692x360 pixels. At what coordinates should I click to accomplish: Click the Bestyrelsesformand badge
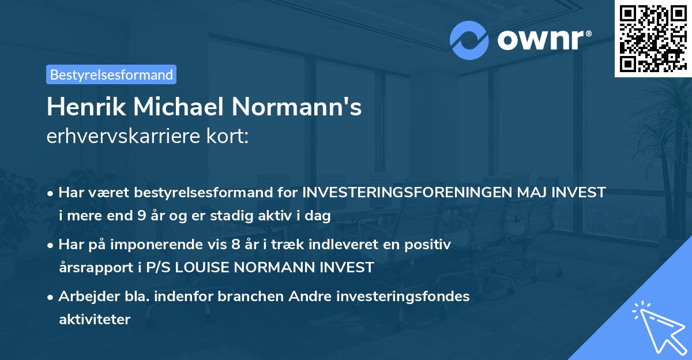point(111,74)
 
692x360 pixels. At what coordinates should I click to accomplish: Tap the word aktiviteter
point(95,319)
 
